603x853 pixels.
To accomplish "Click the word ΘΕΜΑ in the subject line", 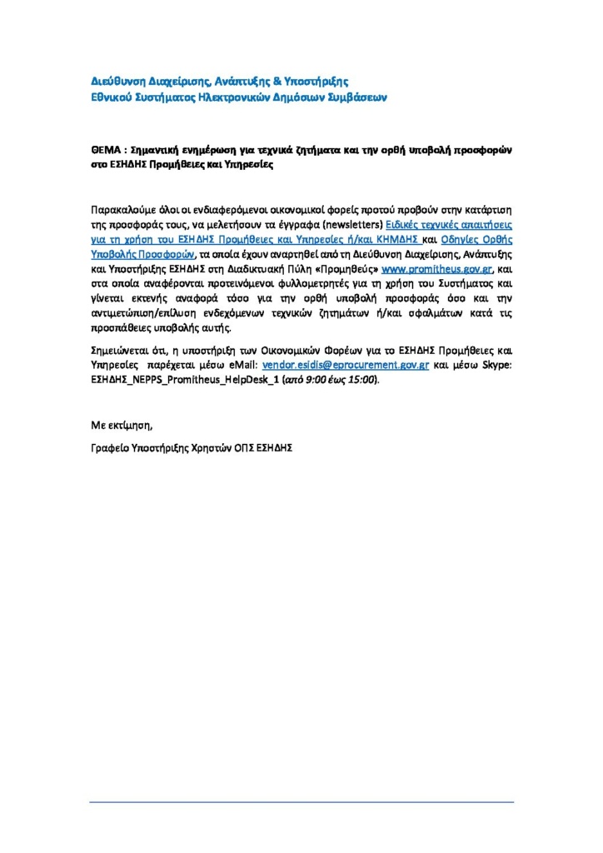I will (x=106, y=151).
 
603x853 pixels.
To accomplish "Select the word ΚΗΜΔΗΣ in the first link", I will (x=397, y=239).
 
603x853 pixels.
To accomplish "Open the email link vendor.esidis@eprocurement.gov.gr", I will (x=346, y=365).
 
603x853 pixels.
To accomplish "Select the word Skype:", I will (x=496, y=365).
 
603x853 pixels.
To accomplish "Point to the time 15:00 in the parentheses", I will (x=362, y=380).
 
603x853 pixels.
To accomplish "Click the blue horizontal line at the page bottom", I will (x=301, y=802).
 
